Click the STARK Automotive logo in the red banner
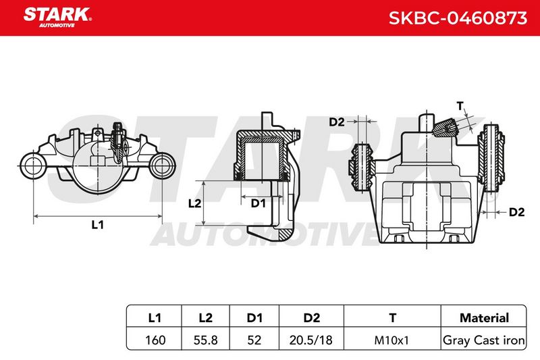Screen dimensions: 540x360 [57, 18]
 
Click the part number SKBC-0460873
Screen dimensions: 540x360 [458, 18]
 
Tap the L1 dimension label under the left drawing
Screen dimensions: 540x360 [97, 225]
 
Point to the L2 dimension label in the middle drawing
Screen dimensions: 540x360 [194, 203]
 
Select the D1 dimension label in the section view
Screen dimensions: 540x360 [258, 203]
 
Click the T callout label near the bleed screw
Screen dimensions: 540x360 [460, 106]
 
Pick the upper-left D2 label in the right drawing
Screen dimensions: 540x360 [336, 122]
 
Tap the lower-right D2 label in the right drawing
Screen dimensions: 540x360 [516, 212]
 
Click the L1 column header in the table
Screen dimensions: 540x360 [155, 317]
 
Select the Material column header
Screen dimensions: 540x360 [484, 317]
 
